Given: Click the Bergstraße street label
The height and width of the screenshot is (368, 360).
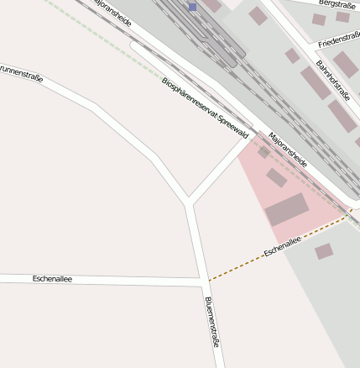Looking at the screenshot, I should (337, 4).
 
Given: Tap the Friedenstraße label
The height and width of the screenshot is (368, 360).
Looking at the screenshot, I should (339, 39).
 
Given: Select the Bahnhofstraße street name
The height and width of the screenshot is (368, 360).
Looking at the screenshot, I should (332, 80).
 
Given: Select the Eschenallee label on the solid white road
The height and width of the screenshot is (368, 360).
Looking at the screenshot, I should (52, 278).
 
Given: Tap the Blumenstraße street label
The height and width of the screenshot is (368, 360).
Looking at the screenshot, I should (212, 323).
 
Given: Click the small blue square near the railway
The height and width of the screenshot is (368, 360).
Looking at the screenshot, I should (192, 7).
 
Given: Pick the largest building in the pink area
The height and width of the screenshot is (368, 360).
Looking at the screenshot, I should (287, 209).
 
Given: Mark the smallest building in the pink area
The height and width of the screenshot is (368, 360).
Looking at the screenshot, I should (263, 152).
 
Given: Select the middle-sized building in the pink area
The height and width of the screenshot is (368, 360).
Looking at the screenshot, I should (276, 177).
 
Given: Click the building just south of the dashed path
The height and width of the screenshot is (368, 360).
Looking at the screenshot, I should (323, 250).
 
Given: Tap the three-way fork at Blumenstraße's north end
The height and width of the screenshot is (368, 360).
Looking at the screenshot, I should (189, 202).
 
